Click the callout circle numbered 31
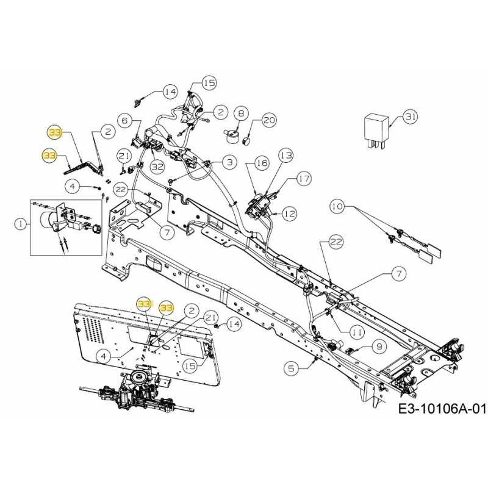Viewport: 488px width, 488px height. pos(411,117)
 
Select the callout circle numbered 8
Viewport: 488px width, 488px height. pos(241,113)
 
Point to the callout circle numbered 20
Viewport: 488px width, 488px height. pos(269,121)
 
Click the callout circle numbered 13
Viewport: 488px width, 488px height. pos(286,157)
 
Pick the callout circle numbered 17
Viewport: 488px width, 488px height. pos(303,179)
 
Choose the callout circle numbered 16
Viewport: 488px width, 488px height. pos(262,163)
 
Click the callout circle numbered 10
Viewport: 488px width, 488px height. pos(337,207)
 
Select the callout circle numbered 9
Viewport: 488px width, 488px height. pos(379,346)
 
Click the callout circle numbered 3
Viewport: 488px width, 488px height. pos(229,162)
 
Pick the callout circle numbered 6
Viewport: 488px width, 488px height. pos(125,121)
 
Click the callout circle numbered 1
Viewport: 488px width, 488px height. pos(21,224)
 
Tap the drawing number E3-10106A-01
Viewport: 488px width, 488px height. pos(442,408)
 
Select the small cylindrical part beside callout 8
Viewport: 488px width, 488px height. pos(232,134)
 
